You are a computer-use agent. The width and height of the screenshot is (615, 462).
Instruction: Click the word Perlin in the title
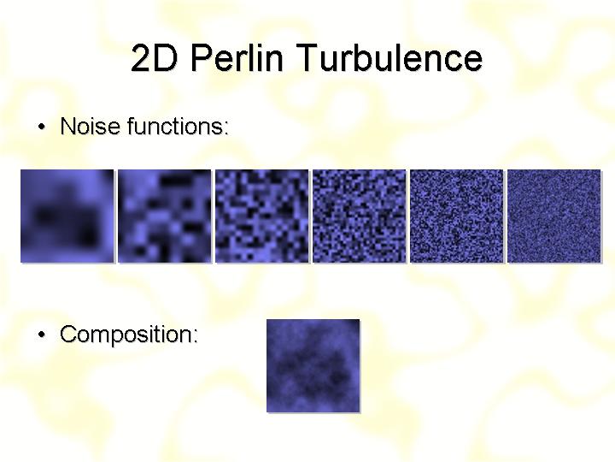(237, 57)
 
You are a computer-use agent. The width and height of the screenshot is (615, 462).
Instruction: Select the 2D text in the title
(154, 57)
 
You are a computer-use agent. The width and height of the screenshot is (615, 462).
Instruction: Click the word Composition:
(129, 335)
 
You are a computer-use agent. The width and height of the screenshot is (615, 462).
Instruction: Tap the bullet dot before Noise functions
(42, 127)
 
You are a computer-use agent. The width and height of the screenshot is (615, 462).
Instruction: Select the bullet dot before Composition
(42, 335)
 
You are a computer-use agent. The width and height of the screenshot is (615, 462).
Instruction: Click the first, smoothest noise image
(67, 216)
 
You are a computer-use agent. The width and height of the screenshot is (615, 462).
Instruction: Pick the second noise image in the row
(165, 216)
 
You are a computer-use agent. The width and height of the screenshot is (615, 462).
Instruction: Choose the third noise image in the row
(262, 216)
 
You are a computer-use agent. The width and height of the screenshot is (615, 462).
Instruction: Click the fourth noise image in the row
(360, 216)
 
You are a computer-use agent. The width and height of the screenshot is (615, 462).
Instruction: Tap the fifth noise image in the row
(456, 216)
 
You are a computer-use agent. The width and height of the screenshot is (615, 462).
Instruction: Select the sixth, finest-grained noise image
(554, 216)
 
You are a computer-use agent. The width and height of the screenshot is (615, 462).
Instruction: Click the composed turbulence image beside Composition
(313, 366)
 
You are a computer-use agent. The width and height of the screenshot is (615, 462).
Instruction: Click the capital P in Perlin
(202, 57)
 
